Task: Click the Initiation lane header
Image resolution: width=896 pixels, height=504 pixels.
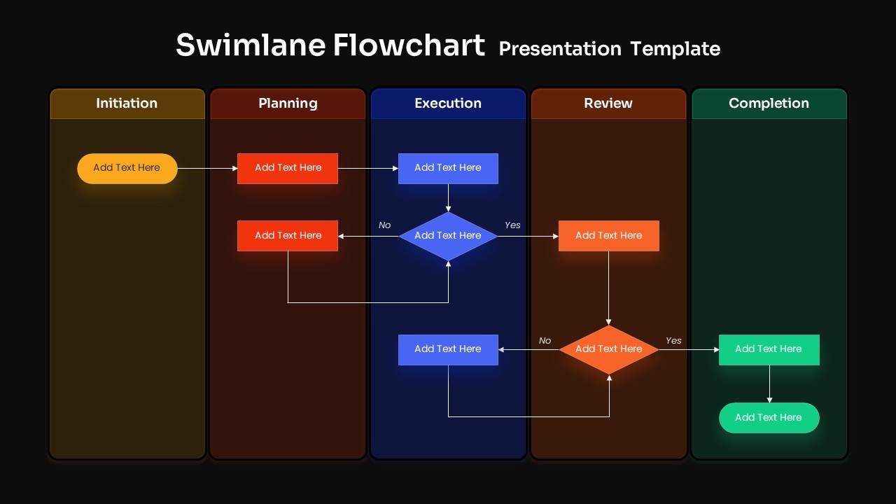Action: point(127,104)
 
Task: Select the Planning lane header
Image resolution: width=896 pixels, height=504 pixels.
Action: point(288,104)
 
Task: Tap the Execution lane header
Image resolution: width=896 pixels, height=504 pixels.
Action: point(448,104)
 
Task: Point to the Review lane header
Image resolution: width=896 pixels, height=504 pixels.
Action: point(608,104)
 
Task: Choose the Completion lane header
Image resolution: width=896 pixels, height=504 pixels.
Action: point(769,104)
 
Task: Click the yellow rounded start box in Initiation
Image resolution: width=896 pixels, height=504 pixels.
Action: point(127,168)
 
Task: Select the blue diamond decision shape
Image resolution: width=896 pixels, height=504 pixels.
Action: point(448,236)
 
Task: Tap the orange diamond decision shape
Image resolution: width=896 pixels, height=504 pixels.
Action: point(608,349)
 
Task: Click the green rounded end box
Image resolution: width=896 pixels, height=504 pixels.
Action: point(769,418)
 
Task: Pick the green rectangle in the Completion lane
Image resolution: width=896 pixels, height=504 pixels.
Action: point(769,349)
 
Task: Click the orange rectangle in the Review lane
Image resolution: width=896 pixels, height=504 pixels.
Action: point(608,236)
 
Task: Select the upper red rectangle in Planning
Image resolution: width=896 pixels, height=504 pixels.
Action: point(288,168)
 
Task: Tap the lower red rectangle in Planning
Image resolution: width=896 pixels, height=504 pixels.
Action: point(288,236)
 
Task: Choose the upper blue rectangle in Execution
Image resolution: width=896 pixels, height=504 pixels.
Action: point(448,168)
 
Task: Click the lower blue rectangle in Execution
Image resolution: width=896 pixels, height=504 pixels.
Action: point(448,349)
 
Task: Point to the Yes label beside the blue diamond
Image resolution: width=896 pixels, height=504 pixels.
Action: point(512,225)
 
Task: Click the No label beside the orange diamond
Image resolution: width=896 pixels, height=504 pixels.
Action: point(545,341)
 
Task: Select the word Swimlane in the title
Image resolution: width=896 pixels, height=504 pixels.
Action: point(250,45)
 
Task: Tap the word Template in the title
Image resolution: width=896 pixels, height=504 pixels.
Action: point(675,49)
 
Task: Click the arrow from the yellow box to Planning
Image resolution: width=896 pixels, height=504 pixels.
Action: point(207,169)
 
